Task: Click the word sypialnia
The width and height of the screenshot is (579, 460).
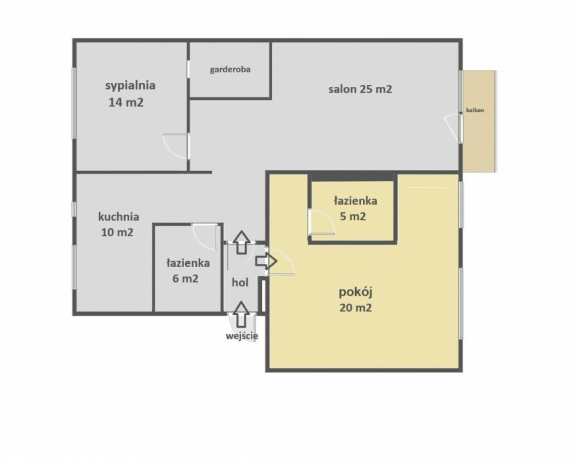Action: coord(131,86)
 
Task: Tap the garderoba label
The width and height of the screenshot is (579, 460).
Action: coord(230,69)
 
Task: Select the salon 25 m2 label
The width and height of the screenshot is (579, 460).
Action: coord(360,89)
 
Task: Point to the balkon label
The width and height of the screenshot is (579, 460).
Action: coord(475,110)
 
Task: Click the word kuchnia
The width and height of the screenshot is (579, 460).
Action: coord(118,216)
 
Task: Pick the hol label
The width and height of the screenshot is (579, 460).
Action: coord(240,283)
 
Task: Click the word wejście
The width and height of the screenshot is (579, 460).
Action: coord(242,336)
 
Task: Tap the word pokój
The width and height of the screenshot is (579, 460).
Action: coord(355,292)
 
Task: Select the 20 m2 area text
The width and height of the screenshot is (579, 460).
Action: coord(356,308)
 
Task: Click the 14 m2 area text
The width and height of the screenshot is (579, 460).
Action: coord(126,102)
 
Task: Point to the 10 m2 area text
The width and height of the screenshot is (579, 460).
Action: coord(117,232)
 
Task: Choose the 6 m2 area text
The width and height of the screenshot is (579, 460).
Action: coord(185,279)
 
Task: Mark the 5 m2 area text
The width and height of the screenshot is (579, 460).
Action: coord(353,216)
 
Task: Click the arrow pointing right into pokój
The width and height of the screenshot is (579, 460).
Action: coord(266,261)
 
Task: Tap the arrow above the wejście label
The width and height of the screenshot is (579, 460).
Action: coord(241,314)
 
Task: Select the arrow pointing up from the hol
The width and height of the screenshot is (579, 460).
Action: coord(241,242)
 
